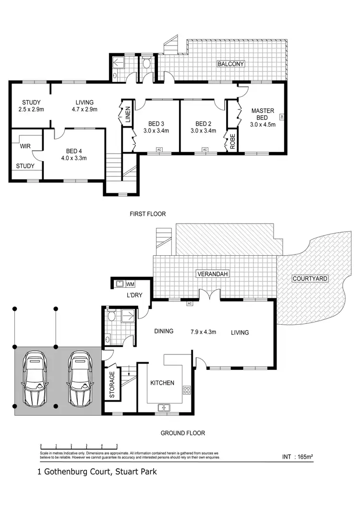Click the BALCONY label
tap(231, 64)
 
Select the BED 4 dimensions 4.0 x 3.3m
tap(73, 158)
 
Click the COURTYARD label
tap(310, 278)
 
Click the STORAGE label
tap(112, 385)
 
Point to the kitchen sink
tap(165, 408)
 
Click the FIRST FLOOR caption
tap(148, 214)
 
